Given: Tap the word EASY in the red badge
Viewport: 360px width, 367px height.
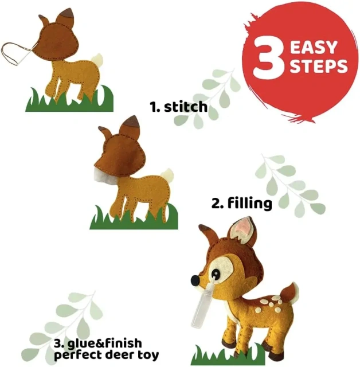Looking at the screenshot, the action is coord(314,48).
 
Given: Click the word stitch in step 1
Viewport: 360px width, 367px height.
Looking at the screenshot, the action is coord(186,107).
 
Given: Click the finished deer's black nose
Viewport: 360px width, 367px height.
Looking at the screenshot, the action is coord(195,279).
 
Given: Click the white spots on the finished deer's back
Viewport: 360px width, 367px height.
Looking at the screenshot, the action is coord(269,304).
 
